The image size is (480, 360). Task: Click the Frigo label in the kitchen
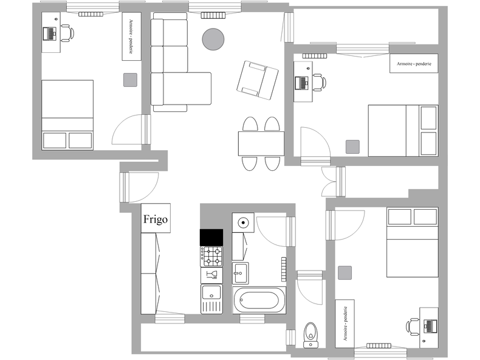pyautogui.click(x=156, y=219)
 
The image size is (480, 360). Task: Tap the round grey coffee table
pyautogui.click(x=213, y=39)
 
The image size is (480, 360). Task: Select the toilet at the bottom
pyautogui.click(x=311, y=335)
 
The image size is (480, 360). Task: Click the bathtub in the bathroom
pyautogui.click(x=259, y=300)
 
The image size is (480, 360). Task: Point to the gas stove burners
pyautogui.click(x=211, y=256)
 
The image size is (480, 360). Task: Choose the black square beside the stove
pyautogui.click(x=211, y=237)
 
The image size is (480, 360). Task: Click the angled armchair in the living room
pyautogui.click(x=258, y=80)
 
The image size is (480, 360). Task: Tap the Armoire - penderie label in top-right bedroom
pyautogui.click(x=414, y=64)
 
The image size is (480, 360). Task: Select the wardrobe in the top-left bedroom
pyautogui.click(x=132, y=36)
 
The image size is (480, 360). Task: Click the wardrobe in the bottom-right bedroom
pyautogui.click(x=345, y=324)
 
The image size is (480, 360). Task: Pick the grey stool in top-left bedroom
pyautogui.click(x=130, y=80)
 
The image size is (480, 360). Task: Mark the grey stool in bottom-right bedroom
pyautogui.click(x=345, y=272)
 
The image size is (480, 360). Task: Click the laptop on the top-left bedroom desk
pyautogui.click(x=50, y=33)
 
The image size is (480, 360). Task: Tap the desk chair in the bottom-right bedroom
pyautogui.click(x=413, y=327)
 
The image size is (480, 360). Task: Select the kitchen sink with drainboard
pyautogui.click(x=211, y=299)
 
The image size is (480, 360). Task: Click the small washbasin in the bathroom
pyautogui.click(x=241, y=273)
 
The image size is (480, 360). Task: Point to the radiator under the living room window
pyautogui.click(x=213, y=15)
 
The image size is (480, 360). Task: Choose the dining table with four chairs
pyautogui.click(x=261, y=144)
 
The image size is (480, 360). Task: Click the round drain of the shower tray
pyautogui.click(x=243, y=223)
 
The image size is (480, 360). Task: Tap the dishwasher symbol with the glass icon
pyautogui.click(x=211, y=275)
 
